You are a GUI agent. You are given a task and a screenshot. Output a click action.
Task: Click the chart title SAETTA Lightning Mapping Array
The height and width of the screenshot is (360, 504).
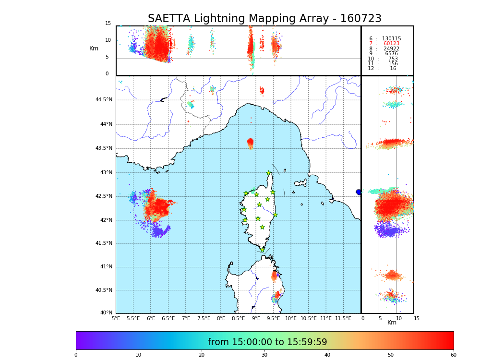coord(264,19)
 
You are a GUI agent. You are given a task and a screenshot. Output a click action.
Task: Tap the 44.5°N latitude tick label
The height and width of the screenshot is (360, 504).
coord(104,100)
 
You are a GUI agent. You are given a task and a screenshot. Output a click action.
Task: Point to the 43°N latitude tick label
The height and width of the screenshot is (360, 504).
coord(106,173)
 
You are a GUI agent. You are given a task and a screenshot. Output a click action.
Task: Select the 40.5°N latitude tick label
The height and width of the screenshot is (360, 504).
coord(104,290)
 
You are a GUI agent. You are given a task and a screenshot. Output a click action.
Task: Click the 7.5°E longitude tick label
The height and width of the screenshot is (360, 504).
coord(204,318)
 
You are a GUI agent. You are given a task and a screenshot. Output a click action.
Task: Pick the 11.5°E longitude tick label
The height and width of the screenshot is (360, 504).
coord(343,318)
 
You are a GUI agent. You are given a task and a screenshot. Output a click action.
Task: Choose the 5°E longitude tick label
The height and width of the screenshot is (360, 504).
coord(116,318)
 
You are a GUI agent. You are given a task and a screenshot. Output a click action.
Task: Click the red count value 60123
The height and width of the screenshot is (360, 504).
coord(391,44)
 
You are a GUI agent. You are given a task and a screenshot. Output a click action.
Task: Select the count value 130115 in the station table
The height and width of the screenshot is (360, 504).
coord(391,39)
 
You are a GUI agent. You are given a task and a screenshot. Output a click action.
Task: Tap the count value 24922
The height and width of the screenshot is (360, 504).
coord(391,49)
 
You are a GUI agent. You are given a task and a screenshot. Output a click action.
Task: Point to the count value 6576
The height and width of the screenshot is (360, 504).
coord(391,54)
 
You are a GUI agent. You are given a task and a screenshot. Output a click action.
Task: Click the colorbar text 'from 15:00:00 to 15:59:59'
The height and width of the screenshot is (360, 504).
coord(267,342)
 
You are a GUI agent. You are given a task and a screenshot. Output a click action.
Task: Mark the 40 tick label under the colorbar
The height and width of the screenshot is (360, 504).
coord(327,355)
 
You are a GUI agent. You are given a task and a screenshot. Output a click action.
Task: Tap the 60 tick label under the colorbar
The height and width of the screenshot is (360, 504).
coord(453,355)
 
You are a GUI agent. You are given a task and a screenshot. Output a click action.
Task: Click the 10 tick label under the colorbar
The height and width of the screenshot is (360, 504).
coord(138,355)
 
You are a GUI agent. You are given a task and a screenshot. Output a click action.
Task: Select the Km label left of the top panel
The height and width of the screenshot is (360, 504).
coord(94,48)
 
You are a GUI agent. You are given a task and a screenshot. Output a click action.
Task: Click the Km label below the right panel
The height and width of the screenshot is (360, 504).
coord(392,323)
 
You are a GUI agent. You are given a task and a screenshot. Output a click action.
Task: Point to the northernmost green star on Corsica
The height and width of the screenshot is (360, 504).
coord(269,173)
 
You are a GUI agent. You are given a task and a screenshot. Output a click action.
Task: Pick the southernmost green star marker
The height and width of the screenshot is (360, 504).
coord(262,250)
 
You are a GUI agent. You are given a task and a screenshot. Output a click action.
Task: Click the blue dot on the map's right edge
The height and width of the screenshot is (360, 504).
coord(359,192)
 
